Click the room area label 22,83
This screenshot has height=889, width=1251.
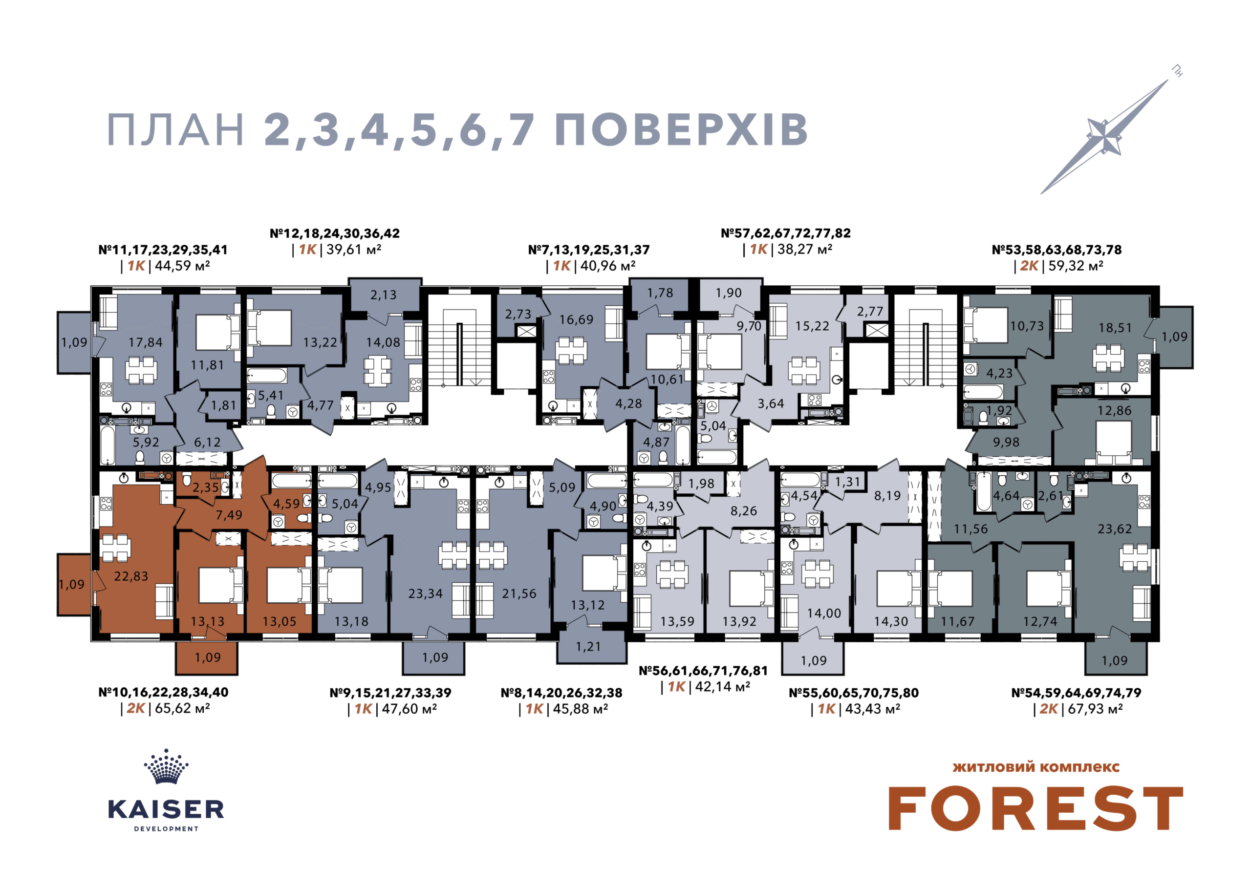tap(131, 576)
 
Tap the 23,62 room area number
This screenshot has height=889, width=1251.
tap(1115, 529)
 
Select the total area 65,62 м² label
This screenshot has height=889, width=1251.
tap(183, 708)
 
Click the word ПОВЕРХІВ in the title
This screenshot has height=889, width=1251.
tap(681, 130)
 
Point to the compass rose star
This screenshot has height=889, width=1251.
tap(1102, 137)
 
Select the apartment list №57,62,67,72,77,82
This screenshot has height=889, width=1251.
tap(786, 233)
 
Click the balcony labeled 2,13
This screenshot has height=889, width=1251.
tap(383, 295)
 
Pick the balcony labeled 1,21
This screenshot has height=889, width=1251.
tap(588, 647)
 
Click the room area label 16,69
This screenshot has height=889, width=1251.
tap(576, 319)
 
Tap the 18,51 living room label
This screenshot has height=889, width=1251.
tap(1115, 328)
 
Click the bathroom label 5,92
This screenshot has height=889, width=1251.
tap(146, 443)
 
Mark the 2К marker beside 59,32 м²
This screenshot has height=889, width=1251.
tap(1029, 266)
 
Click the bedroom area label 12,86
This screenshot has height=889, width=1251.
tap(1114, 411)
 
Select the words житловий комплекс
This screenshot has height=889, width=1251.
tap(1036, 766)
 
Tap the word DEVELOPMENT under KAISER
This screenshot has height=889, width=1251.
tap(167, 829)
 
